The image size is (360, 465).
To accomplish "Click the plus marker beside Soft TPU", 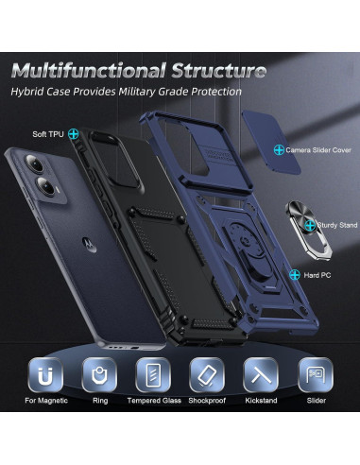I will [72, 133].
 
